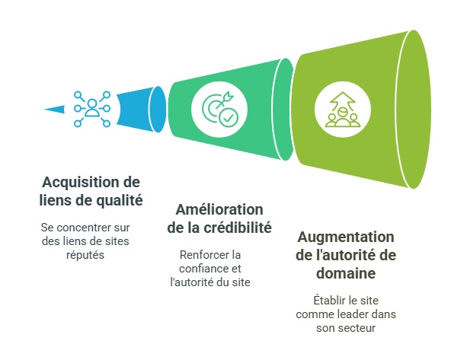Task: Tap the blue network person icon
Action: (x=92, y=109)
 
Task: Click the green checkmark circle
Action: (x=229, y=118)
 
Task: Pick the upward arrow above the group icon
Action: (x=342, y=101)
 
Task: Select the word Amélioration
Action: (x=219, y=209)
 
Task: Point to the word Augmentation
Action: (x=346, y=237)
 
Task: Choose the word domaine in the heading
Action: (x=346, y=273)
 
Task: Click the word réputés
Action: (x=85, y=255)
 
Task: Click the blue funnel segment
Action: (x=141, y=110)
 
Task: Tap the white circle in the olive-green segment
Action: (x=343, y=110)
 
